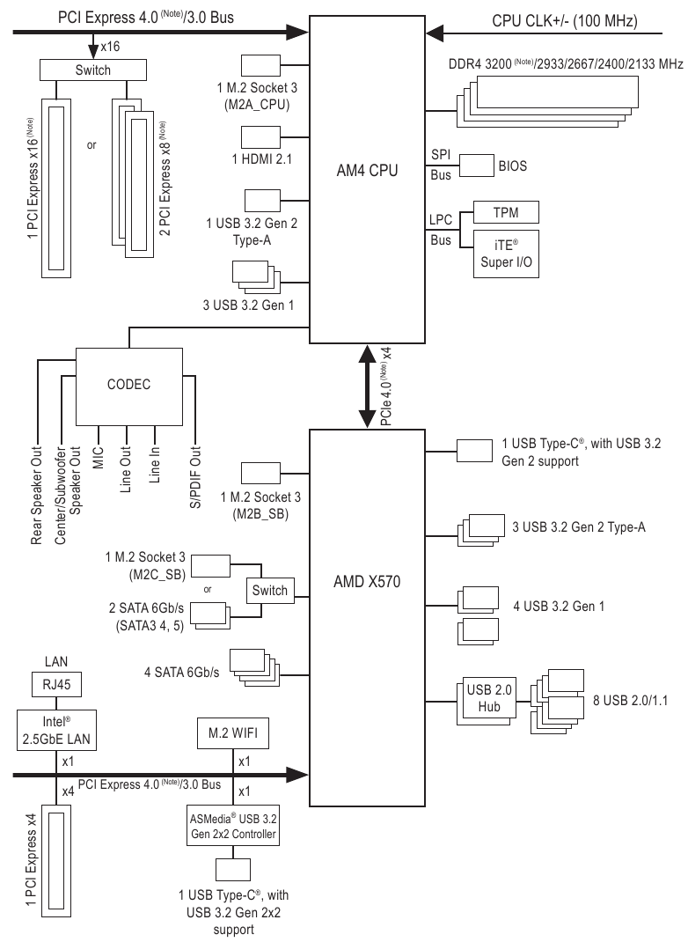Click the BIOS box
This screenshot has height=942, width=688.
478,165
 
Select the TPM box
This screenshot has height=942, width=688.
505,212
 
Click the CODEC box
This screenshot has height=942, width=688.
129,385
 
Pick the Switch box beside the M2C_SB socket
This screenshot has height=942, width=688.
269,590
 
